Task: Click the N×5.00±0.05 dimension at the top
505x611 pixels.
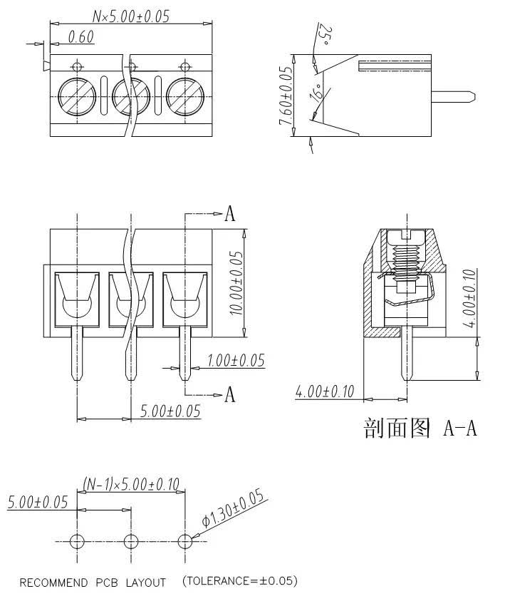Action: click(131, 16)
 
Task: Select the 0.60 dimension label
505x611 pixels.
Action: click(81, 38)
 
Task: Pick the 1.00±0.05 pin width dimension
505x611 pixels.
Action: click(234, 361)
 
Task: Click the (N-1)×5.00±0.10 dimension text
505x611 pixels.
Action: click(131, 485)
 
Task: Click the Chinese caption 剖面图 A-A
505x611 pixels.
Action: click(420, 428)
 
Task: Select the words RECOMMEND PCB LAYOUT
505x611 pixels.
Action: click(93, 582)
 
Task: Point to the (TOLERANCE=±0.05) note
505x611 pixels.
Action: click(240, 580)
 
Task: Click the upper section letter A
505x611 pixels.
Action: click(229, 214)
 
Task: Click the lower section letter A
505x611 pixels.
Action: click(229, 394)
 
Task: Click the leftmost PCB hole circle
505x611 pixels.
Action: click(76, 540)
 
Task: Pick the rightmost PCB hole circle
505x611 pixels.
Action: click(185, 540)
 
